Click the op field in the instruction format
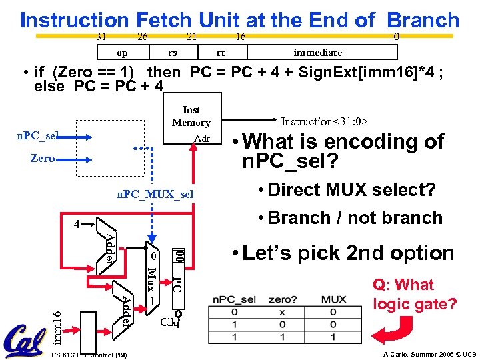122,52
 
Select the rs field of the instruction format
172,52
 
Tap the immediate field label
318,52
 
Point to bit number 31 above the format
102,36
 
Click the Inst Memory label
191,116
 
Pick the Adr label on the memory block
201,139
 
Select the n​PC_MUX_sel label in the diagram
155,194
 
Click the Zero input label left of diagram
43,159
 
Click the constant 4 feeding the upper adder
77,225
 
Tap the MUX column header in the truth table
333,299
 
